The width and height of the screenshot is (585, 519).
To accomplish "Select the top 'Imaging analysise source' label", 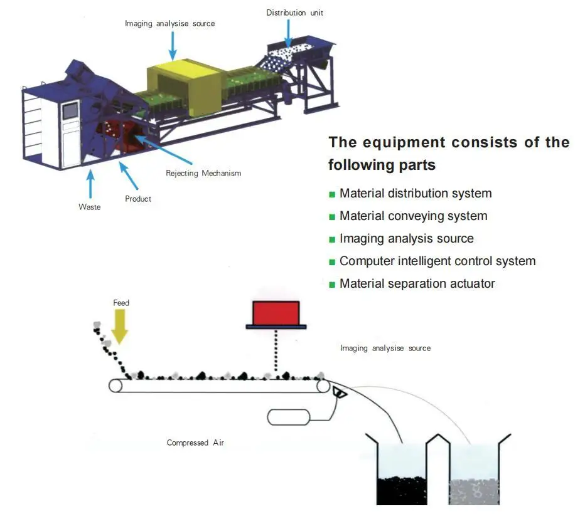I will click(169, 24).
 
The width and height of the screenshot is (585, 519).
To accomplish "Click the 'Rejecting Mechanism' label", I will click(203, 173).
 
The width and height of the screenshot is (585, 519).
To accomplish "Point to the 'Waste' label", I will click(89, 207).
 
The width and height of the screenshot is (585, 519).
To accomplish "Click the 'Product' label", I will click(138, 199).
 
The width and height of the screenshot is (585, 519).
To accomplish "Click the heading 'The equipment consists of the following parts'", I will click(448, 154).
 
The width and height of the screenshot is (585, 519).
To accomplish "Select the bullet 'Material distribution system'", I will click(415, 194).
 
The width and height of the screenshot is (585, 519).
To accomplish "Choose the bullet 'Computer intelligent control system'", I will click(437, 261).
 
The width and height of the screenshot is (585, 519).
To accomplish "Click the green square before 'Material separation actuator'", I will click(332, 285).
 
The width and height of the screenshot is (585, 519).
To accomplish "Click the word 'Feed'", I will click(121, 303).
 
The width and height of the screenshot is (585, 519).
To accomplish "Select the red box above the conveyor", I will click(276, 313).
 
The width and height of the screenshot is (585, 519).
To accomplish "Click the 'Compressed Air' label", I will click(195, 443).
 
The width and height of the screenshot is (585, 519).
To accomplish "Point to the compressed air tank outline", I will click(289, 416).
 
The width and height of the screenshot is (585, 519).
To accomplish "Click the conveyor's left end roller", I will click(116, 385).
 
